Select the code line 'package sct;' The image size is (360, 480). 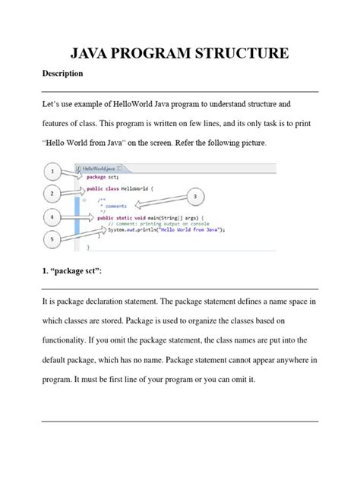(x=103, y=175)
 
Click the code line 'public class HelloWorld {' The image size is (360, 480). (x=120, y=188)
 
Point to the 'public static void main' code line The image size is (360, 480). (x=144, y=216)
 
